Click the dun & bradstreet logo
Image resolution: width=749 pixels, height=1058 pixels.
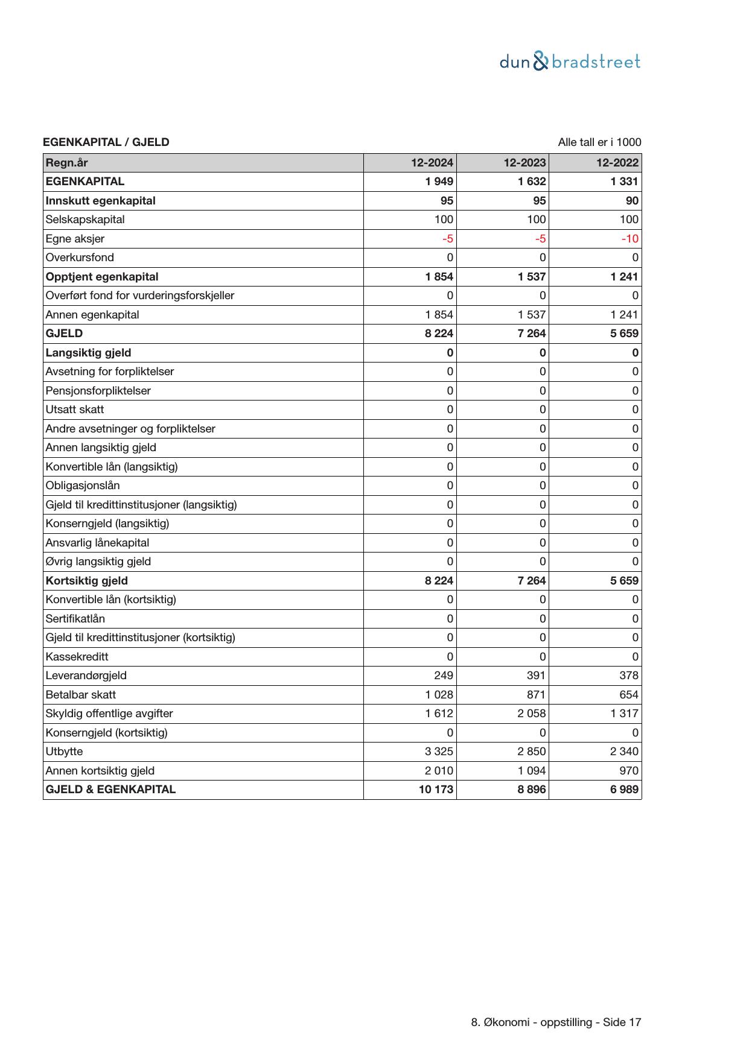[570, 62]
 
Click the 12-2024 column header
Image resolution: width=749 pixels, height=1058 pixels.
[432, 163]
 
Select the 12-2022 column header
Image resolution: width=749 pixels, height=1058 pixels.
[617, 163]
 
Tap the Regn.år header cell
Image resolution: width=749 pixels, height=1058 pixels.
[67, 163]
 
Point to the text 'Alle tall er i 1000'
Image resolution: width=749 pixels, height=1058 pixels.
[599, 142]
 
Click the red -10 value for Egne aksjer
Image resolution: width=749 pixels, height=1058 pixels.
[629, 239]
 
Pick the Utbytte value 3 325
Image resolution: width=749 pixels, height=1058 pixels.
[439, 752]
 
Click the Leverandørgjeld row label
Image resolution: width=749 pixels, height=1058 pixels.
[86, 676]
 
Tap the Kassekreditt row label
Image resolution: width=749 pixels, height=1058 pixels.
[77, 657]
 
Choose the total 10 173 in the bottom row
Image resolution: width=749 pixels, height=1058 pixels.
[436, 790]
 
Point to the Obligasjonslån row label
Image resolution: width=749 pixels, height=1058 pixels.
[83, 486]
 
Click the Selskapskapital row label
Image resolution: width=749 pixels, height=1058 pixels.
[85, 220]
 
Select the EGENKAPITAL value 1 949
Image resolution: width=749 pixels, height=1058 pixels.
[439, 182]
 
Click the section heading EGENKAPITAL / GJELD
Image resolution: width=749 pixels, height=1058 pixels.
[106, 142]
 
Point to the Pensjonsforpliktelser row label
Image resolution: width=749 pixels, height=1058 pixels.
[98, 391]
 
